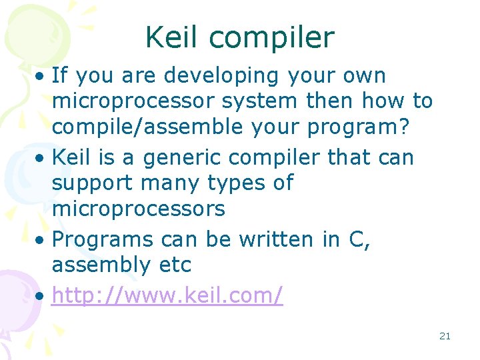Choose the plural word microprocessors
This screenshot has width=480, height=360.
click(x=138, y=209)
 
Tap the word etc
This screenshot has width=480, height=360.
click(x=175, y=265)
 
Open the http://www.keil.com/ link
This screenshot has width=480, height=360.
click(x=167, y=294)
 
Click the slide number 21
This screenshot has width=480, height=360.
click(x=445, y=336)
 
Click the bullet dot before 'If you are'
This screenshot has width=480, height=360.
click(x=41, y=77)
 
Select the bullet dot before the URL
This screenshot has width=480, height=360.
click(x=41, y=294)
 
